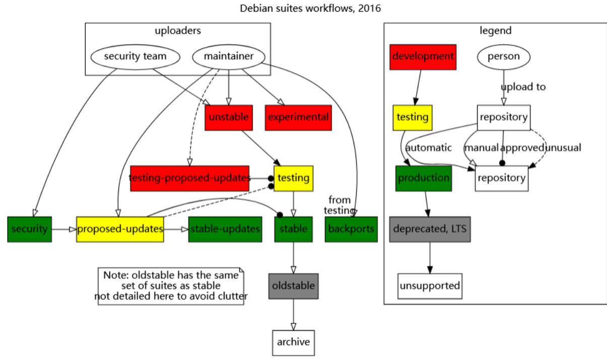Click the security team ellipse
(135, 56)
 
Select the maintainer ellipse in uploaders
(229, 56)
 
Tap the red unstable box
(228, 117)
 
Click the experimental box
(298, 117)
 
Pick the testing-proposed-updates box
(189, 178)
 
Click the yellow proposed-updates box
(120, 229)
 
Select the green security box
(29, 229)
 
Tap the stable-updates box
(225, 229)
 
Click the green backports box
(351, 229)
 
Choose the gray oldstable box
(293, 286)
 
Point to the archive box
(293, 342)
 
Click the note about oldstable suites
(171, 286)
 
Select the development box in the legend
(423, 56)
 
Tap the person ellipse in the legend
(503, 56)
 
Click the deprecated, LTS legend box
(430, 229)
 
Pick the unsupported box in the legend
(430, 286)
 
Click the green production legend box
(423, 178)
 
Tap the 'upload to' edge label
(523, 87)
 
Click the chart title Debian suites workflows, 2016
(303, 9)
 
